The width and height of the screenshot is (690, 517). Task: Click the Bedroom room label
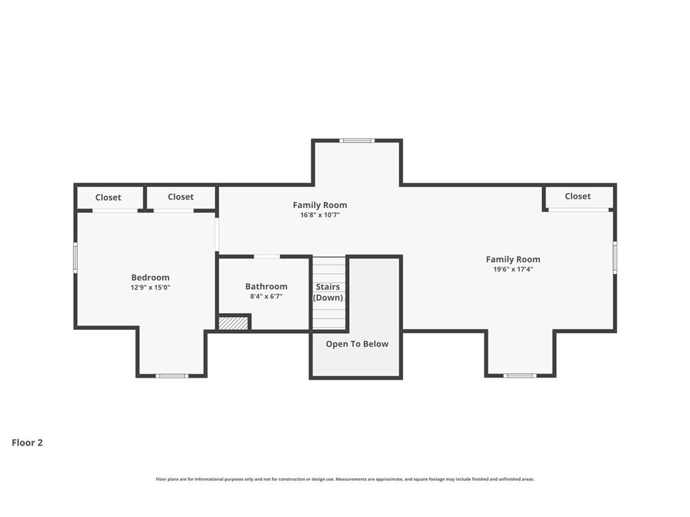pyautogui.click(x=150, y=277)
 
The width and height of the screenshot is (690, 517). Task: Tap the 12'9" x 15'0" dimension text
pyautogui.click(x=150, y=287)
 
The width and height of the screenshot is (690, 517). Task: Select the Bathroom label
pyautogui.click(x=266, y=286)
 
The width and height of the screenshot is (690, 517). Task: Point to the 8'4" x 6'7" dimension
pyautogui.click(x=266, y=296)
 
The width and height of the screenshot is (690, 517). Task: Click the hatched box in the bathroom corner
pyautogui.click(x=233, y=323)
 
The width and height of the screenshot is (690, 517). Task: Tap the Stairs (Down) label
pyautogui.click(x=328, y=292)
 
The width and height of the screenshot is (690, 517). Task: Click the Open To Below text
pyautogui.click(x=357, y=344)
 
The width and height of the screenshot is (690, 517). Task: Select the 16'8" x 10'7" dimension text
pyautogui.click(x=320, y=215)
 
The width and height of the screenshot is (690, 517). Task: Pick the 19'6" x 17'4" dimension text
pyautogui.click(x=513, y=269)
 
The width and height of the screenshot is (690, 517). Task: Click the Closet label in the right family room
pyautogui.click(x=577, y=196)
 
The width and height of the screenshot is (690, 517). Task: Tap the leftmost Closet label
pyautogui.click(x=108, y=197)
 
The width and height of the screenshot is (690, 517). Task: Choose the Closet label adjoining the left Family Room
pyautogui.click(x=181, y=197)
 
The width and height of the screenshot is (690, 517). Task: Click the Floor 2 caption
pyautogui.click(x=27, y=443)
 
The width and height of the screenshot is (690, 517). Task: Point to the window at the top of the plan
pyautogui.click(x=357, y=141)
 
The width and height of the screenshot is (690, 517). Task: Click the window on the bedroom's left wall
pyautogui.click(x=75, y=258)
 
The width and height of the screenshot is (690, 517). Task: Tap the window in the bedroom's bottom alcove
pyautogui.click(x=172, y=376)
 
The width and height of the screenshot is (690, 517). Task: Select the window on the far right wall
pyautogui.click(x=615, y=258)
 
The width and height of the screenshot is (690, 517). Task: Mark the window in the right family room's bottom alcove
pyautogui.click(x=520, y=376)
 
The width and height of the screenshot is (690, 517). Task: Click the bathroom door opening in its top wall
pyautogui.click(x=267, y=256)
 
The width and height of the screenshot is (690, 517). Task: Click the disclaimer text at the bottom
pyautogui.click(x=345, y=479)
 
